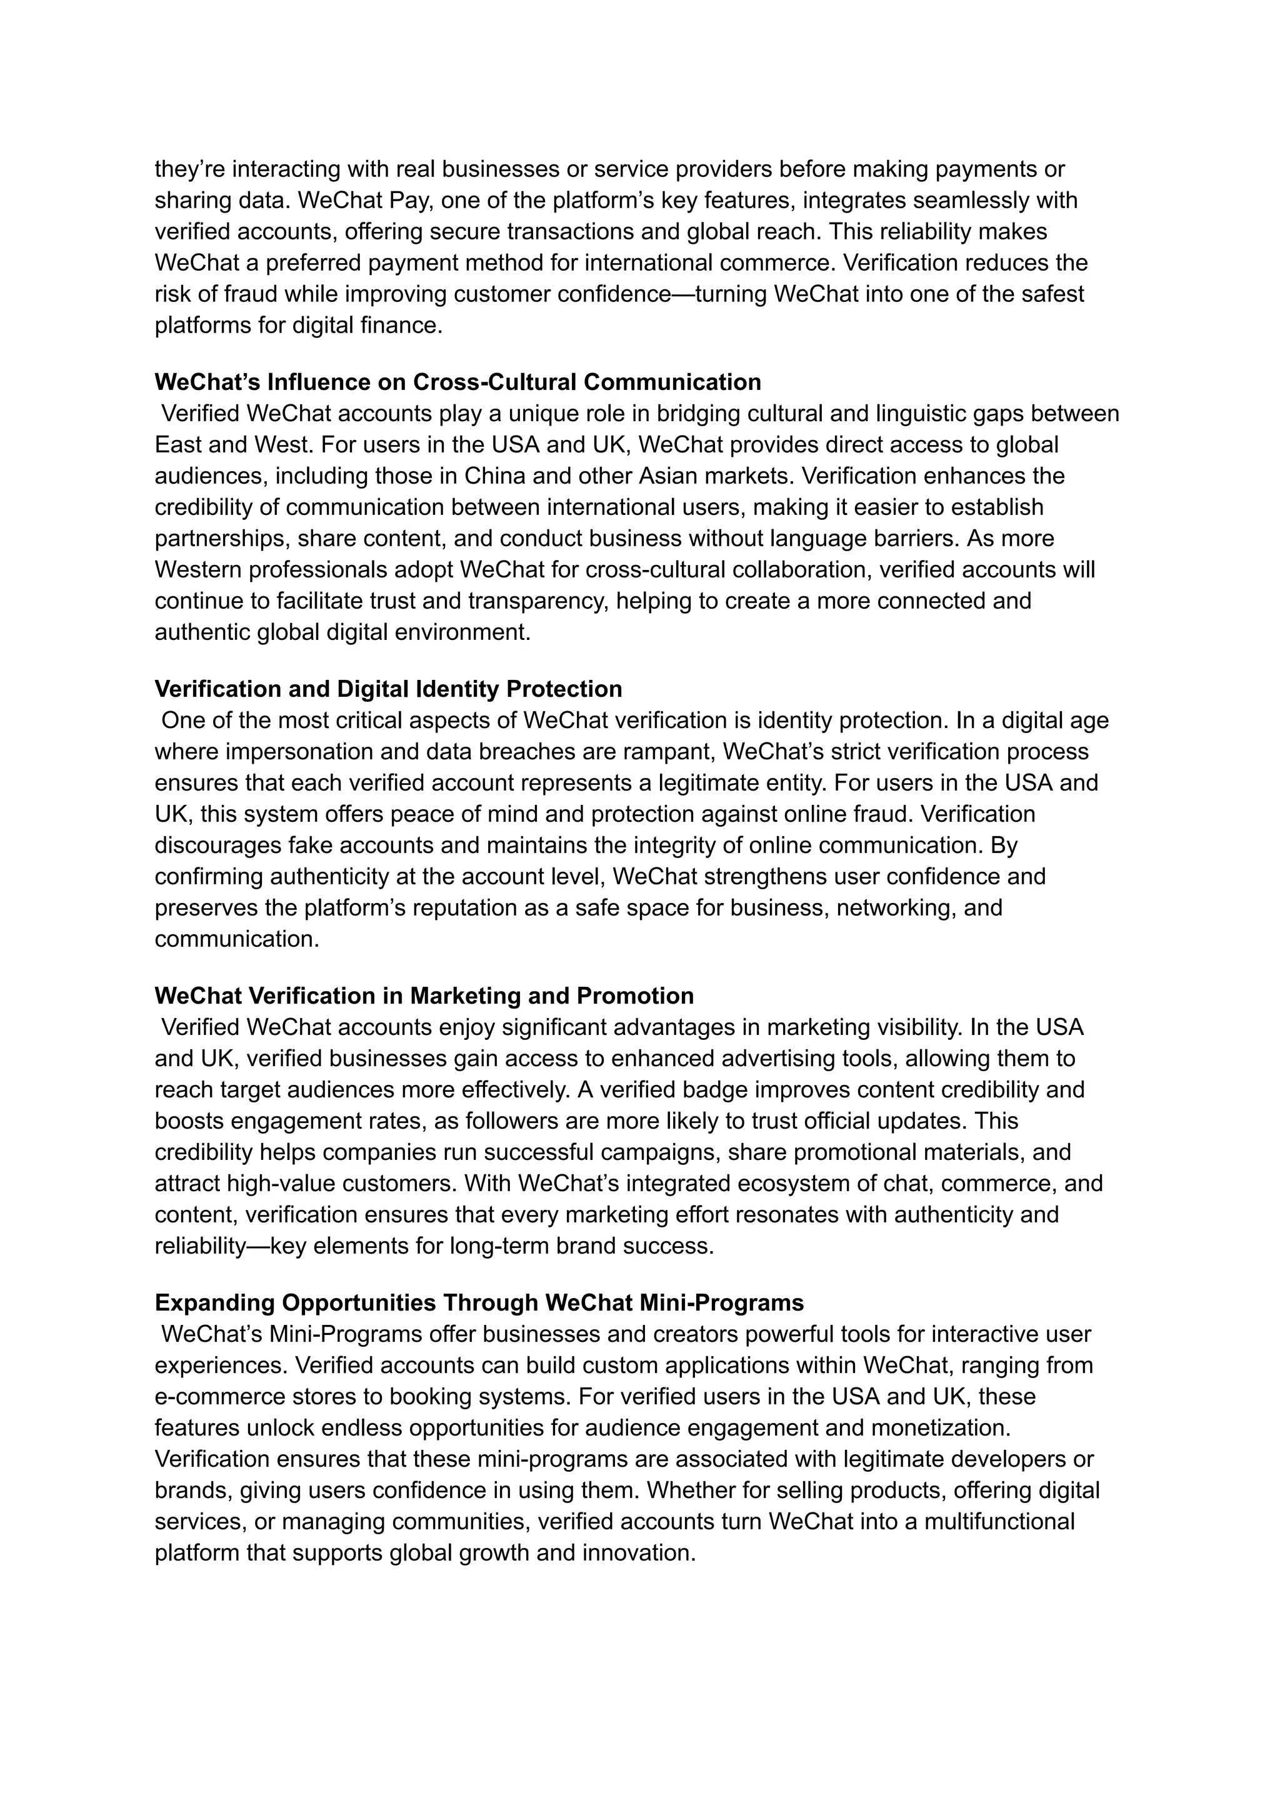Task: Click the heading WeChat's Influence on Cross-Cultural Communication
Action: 457,382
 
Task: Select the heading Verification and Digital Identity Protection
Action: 387,689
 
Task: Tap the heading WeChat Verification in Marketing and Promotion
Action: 423,996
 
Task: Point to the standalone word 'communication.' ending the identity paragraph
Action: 236,939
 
